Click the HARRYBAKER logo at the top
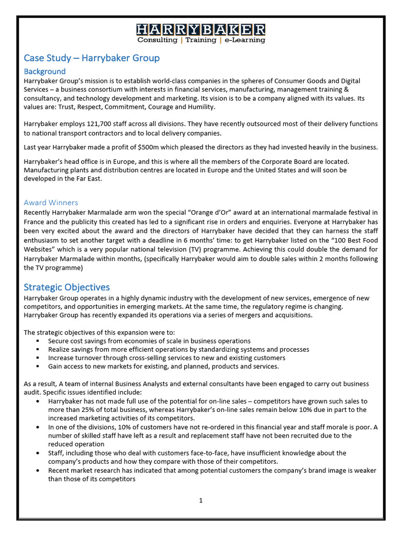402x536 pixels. pos(201,29)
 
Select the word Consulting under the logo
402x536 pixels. pos(157,40)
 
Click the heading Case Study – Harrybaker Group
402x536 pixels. pos(92,58)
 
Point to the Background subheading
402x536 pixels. pos(45,71)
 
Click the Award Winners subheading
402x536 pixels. pos(51,203)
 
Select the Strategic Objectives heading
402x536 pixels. pos(67,287)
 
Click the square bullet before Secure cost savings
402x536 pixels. pos(38,341)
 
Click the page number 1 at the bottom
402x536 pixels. pos(200,500)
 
